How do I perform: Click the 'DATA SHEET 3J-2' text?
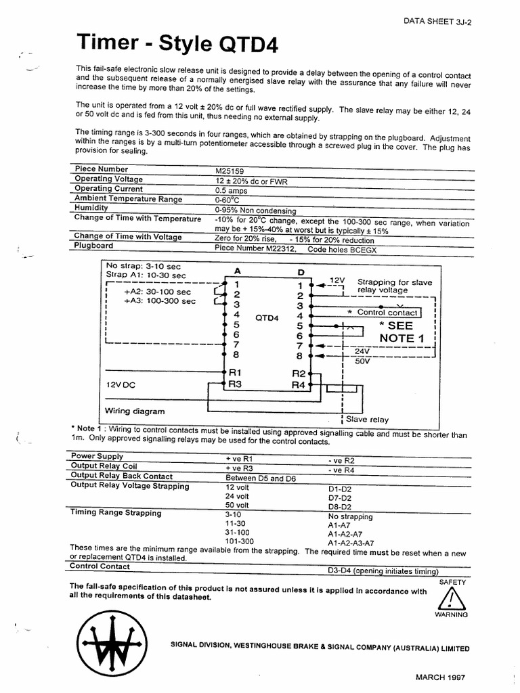point(437,21)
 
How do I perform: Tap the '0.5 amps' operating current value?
point(230,190)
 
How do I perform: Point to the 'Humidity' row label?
point(91,208)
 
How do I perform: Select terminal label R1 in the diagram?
point(235,372)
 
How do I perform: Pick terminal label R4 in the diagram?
point(299,385)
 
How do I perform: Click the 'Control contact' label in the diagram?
point(387,313)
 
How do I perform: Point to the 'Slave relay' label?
point(367,420)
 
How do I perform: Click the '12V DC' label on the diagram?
point(121,384)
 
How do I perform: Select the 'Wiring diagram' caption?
point(135,411)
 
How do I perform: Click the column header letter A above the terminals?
point(237,271)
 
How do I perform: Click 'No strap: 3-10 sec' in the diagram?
point(143,266)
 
